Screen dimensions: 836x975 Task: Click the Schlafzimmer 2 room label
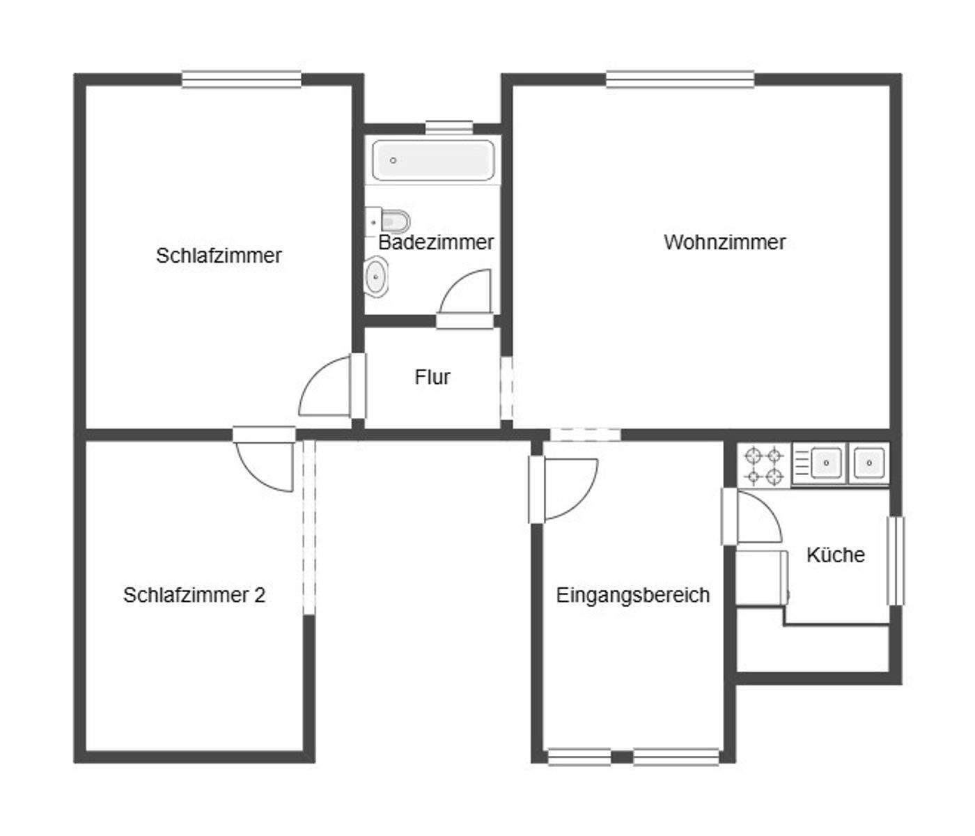(194, 596)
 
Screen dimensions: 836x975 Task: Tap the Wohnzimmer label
(724, 242)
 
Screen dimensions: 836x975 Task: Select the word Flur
(432, 378)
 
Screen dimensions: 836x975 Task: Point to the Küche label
(835, 555)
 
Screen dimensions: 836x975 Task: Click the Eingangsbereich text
(632, 596)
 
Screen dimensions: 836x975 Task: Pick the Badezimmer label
(436, 242)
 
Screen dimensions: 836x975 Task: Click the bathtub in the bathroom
(433, 160)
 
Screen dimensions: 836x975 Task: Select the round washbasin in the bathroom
(377, 276)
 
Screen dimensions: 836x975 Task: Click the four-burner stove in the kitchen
(764, 466)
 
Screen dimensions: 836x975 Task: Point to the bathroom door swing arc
(462, 293)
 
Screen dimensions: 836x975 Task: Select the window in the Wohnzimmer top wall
(680, 79)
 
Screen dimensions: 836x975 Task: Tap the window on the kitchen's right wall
(895, 560)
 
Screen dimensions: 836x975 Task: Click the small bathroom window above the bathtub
(448, 127)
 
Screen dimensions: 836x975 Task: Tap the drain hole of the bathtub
(393, 160)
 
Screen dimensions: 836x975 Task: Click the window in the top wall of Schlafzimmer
(242, 79)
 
